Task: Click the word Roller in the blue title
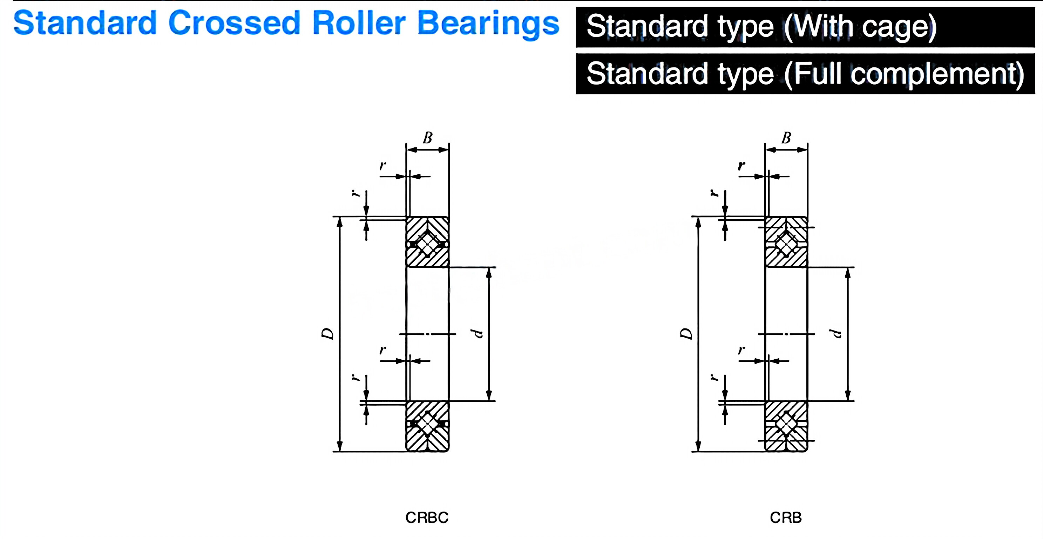pyautogui.click(x=359, y=23)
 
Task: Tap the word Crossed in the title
pyautogui.click(x=234, y=23)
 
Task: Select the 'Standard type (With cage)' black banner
pyautogui.click(x=805, y=27)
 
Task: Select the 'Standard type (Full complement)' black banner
pyautogui.click(x=805, y=74)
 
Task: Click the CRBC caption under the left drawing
pyautogui.click(x=427, y=518)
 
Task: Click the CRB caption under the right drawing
pyautogui.click(x=785, y=518)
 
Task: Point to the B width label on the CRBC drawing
pyautogui.click(x=428, y=138)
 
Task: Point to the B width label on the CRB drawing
pyautogui.click(x=786, y=138)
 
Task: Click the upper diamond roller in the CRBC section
pyautogui.click(x=427, y=244)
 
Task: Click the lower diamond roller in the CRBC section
pyautogui.click(x=427, y=424)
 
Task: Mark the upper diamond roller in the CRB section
pyautogui.click(x=786, y=244)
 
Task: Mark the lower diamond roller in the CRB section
pyautogui.click(x=786, y=424)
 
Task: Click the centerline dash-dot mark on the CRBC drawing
pyautogui.click(x=428, y=334)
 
